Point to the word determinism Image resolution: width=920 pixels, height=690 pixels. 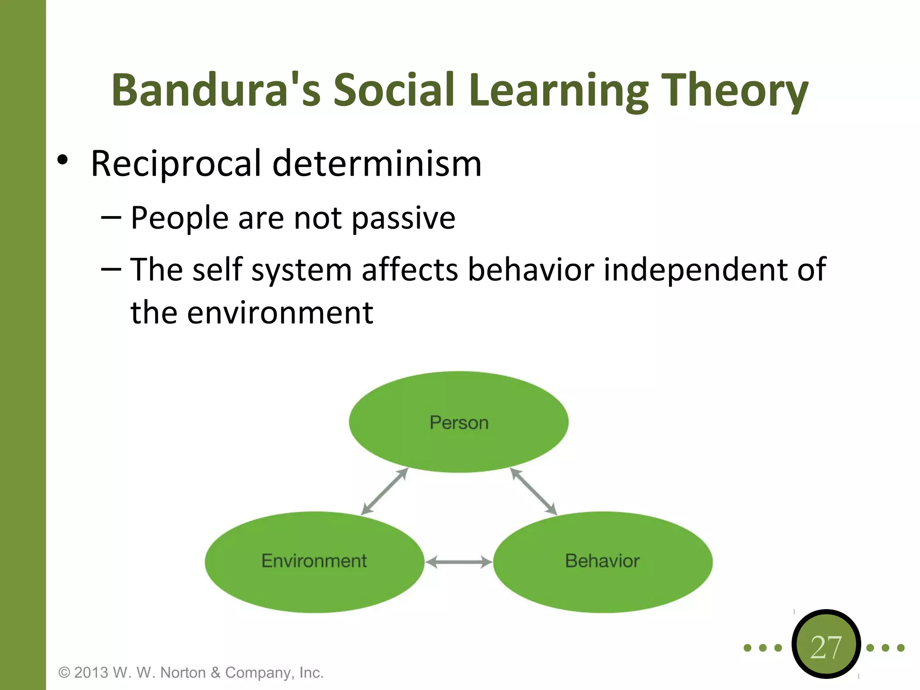click(x=377, y=164)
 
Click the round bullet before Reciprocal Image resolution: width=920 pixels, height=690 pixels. click(x=63, y=160)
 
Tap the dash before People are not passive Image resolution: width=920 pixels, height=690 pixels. click(x=111, y=217)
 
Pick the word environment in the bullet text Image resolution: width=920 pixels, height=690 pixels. click(x=280, y=313)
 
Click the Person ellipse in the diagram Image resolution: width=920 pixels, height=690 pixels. click(x=459, y=422)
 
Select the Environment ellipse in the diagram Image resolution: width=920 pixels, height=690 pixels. click(x=314, y=562)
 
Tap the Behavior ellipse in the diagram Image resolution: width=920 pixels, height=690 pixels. click(x=602, y=562)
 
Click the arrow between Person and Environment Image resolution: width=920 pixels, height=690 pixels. click(x=385, y=491)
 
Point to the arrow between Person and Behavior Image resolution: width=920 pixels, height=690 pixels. click(x=534, y=491)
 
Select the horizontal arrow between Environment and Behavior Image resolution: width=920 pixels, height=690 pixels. click(x=459, y=562)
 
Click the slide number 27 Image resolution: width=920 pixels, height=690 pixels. click(x=826, y=647)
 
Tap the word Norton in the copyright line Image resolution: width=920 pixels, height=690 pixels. click(x=183, y=672)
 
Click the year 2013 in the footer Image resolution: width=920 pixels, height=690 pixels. click(x=91, y=672)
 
